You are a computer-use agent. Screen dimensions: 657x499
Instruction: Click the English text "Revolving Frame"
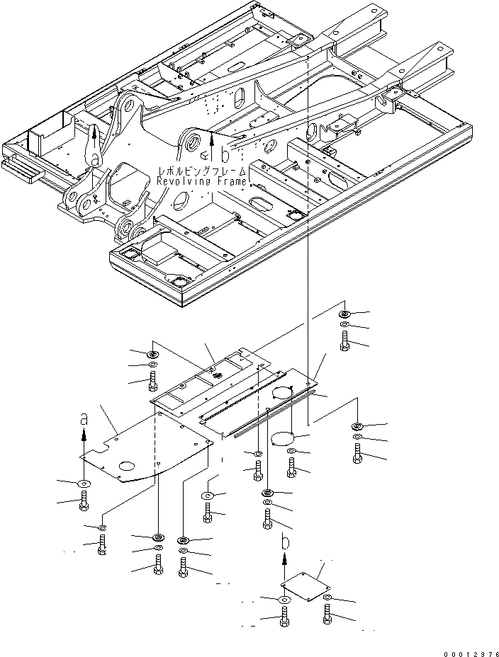click(202, 182)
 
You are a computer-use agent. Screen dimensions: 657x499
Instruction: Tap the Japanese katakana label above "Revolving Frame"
click(203, 172)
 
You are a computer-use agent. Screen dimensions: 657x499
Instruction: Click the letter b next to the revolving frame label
click(225, 154)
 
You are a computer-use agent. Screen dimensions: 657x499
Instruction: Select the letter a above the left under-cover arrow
click(84, 419)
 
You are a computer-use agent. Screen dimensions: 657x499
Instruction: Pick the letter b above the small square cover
click(285, 543)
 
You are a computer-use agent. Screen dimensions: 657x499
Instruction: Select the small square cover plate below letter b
click(305, 585)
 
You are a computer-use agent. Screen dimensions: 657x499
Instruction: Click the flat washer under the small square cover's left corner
click(284, 600)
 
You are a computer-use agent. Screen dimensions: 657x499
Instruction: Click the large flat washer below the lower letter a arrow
click(84, 483)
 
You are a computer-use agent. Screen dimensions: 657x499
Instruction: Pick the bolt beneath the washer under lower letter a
click(84, 501)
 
